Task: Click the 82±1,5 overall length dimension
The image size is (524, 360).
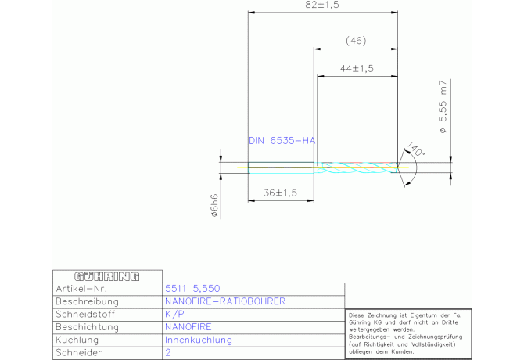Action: (322, 5)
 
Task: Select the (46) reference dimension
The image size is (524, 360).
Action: (356, 41)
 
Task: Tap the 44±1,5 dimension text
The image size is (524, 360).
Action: (357, 69)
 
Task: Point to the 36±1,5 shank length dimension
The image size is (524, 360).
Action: (280, 193)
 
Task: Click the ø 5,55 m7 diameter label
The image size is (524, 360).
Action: (443, 107)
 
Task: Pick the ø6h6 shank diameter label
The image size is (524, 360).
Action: (214, 205)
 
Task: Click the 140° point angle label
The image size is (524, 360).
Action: (415, 149)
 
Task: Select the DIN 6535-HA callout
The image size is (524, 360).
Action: (282, 141)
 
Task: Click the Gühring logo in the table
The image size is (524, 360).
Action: (107, 276)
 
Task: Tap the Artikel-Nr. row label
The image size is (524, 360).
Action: (81, 289)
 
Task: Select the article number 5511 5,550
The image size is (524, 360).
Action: (192, 289)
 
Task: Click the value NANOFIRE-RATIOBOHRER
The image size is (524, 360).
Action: (225, 301)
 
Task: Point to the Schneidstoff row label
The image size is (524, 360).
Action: (85, 314)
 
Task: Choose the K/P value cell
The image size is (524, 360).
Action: (174, 314)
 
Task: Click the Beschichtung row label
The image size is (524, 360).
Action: (88, 327)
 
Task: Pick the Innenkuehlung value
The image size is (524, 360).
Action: (199, 340)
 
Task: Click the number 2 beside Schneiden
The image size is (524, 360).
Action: (168, 353)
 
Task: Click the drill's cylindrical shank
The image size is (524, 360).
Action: (281, 167)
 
